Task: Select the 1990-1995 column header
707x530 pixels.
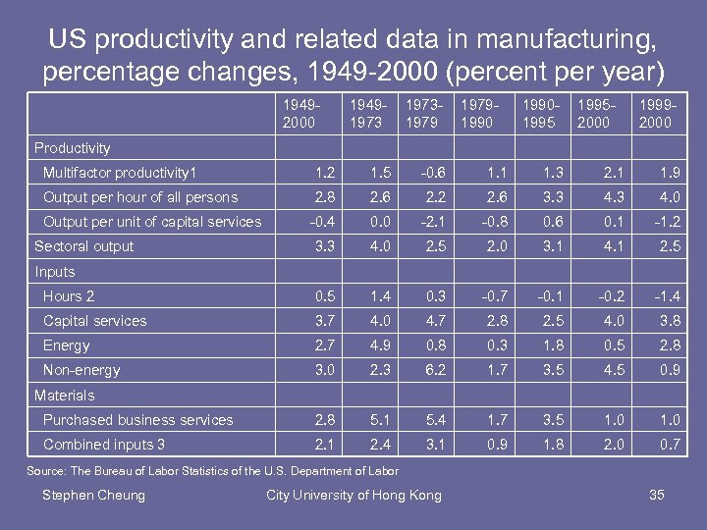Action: (538, 113)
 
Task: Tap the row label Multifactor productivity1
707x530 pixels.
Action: (120, 173)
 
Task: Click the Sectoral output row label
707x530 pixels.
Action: (83, 246)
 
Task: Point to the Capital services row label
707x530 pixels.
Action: (94, 321)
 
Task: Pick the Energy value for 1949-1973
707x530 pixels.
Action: (379, 345)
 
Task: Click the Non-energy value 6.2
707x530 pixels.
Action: (435, 370)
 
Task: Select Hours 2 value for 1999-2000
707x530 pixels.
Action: (668, 296)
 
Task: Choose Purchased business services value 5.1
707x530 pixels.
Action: (379, 420)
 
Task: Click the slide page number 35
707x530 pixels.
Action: (657, 495)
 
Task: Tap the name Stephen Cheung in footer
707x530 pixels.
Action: (93, 495)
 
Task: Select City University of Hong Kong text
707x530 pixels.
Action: (353, 495)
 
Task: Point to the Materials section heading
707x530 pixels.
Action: (65, 396)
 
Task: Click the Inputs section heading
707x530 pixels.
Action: (55, 272)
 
